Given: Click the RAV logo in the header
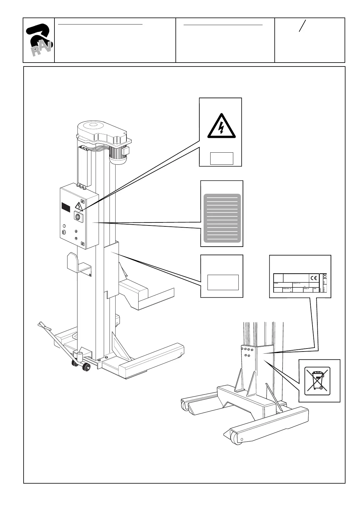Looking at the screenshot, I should tap(39, 40).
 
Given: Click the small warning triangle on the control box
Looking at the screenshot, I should tap(79, 206).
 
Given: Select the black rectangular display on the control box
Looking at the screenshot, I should tap(66, 207).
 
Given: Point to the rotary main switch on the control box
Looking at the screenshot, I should tap(78, 216).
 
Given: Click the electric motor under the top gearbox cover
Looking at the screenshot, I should tap(118, 154).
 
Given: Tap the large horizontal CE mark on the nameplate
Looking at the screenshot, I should tap(314, 278).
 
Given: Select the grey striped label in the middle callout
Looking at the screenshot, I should tap(222, 218).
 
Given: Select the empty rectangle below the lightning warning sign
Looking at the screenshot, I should tap(221, 158).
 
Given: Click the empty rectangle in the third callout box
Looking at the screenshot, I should tap(223, 282).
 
